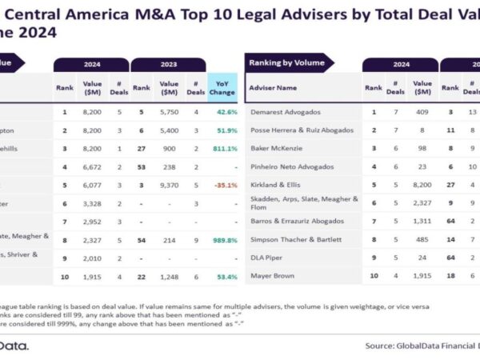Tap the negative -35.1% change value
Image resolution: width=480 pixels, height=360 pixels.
pos(223,184)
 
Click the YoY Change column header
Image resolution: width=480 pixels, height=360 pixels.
pos(222,88)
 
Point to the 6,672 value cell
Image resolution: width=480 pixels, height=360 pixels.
pos(94,166)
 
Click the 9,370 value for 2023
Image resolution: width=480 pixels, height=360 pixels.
pos(169,184)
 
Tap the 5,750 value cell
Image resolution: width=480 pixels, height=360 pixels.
pos(169,111)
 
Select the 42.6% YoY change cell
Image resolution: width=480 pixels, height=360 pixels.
pos(223,111)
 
